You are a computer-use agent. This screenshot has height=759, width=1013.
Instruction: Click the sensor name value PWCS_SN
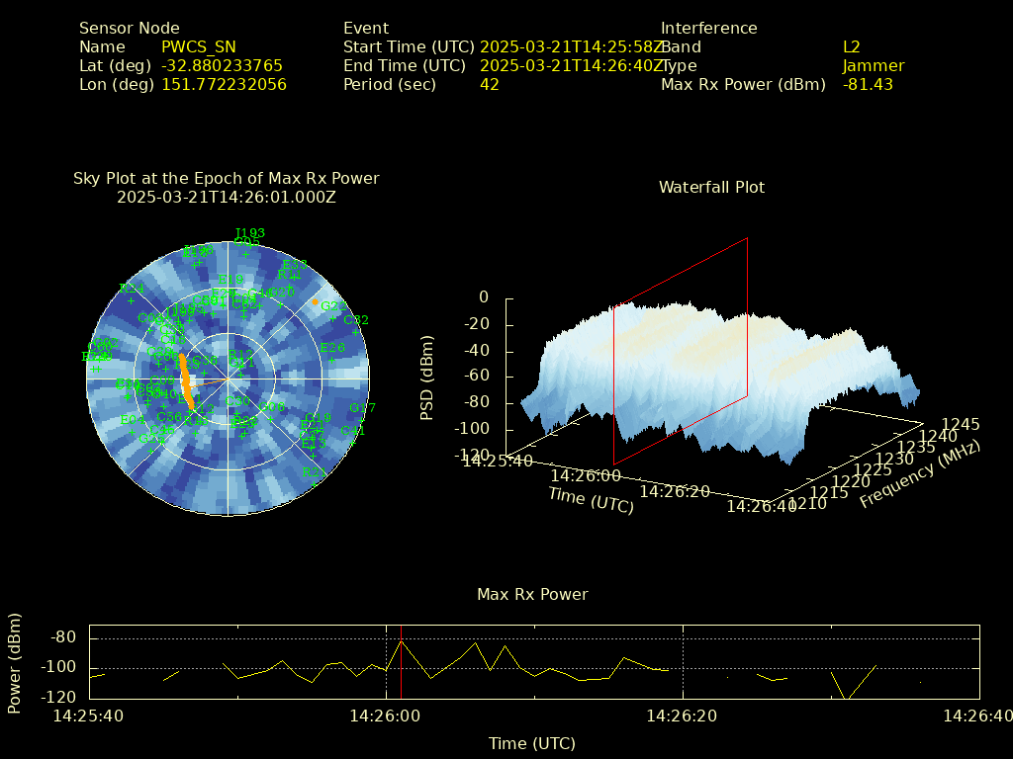click(199, 46)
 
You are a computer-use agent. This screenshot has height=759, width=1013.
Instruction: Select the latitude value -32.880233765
click(222, 65)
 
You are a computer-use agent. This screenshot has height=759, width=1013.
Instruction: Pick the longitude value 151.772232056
click(224, 84)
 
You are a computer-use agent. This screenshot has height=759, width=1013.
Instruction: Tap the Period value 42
click(489, 84)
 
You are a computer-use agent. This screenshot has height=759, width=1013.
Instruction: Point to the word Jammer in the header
click(874, 65)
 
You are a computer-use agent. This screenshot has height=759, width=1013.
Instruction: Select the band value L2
click(852, 46)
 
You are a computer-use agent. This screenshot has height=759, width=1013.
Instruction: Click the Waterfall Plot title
click(711, 187)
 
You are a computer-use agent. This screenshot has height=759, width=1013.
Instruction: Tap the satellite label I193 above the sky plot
click(249, 233)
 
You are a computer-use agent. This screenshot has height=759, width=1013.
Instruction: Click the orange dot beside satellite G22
click(316, 301)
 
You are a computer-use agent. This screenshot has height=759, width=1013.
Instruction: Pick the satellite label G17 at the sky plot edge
click(363, 407)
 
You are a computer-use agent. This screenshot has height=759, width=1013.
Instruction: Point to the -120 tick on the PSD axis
click(474, 456)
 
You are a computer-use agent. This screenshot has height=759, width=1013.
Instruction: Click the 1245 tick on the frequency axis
click(963, 424)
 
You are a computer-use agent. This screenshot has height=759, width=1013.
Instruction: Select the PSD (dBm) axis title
click(427, 376)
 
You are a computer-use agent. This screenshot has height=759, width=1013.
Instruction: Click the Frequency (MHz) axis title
click(919, 474)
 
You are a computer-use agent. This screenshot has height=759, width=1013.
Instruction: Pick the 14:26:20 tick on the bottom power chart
click(681, 715)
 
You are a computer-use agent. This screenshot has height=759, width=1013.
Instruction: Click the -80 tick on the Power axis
click(63, 637)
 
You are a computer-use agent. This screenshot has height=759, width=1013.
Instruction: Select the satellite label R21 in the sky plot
click(314, 471)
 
